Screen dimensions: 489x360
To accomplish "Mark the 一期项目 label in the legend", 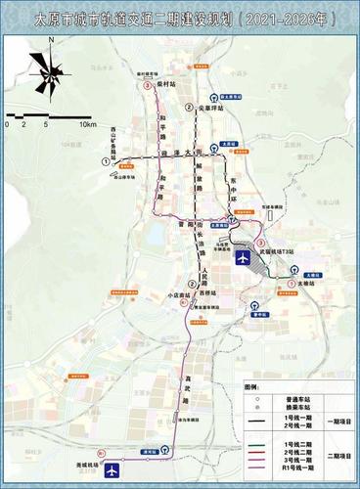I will click(x=341, y=422).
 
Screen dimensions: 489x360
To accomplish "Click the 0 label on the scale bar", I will click(x=7, y=125).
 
